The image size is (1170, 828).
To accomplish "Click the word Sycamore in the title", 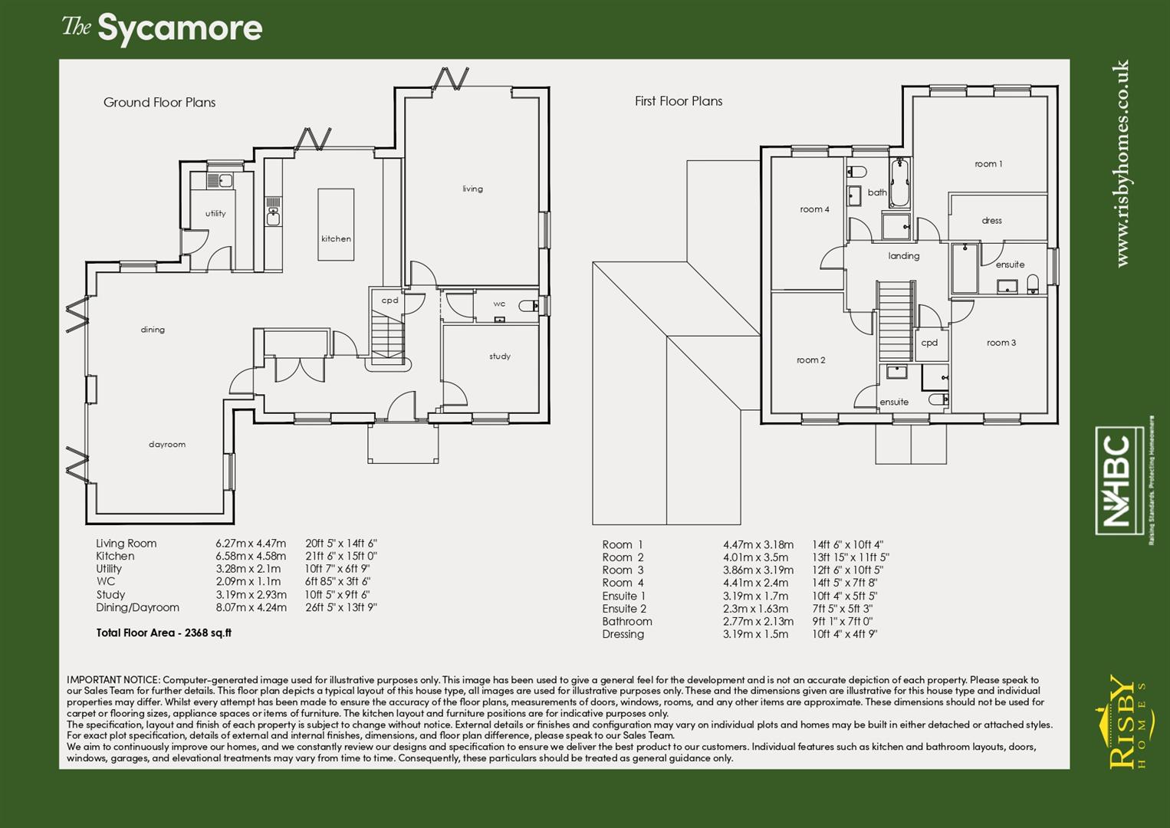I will coord(179,29).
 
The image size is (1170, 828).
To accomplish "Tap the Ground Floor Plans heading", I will coord(159,103).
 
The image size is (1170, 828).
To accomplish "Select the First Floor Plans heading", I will coord(678,101).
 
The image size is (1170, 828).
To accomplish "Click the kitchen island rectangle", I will coord(336,224).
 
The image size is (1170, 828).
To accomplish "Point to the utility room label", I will coord(215,214).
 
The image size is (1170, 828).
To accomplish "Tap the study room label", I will coord(500,356).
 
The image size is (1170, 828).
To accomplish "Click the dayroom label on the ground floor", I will coord(167,445).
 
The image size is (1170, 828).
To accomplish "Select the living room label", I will coord(472,189).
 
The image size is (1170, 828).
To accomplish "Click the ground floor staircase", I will coord(388,337).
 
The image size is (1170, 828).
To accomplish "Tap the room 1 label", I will coord(988,164).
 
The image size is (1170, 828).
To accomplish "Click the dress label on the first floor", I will coord(991,221).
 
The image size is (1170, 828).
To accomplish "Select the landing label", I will coord(904,256).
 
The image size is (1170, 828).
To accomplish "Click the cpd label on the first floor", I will coord(929,343).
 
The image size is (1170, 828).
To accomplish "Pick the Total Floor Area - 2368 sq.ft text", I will coord(163,633).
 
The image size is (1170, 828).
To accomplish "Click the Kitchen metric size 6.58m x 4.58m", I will coord(251,557).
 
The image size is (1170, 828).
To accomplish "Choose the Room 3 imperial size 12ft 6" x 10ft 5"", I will coord(847,570).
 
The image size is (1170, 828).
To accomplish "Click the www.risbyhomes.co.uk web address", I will coord(1122,163).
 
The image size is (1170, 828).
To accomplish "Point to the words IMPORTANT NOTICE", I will coord(113,680).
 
